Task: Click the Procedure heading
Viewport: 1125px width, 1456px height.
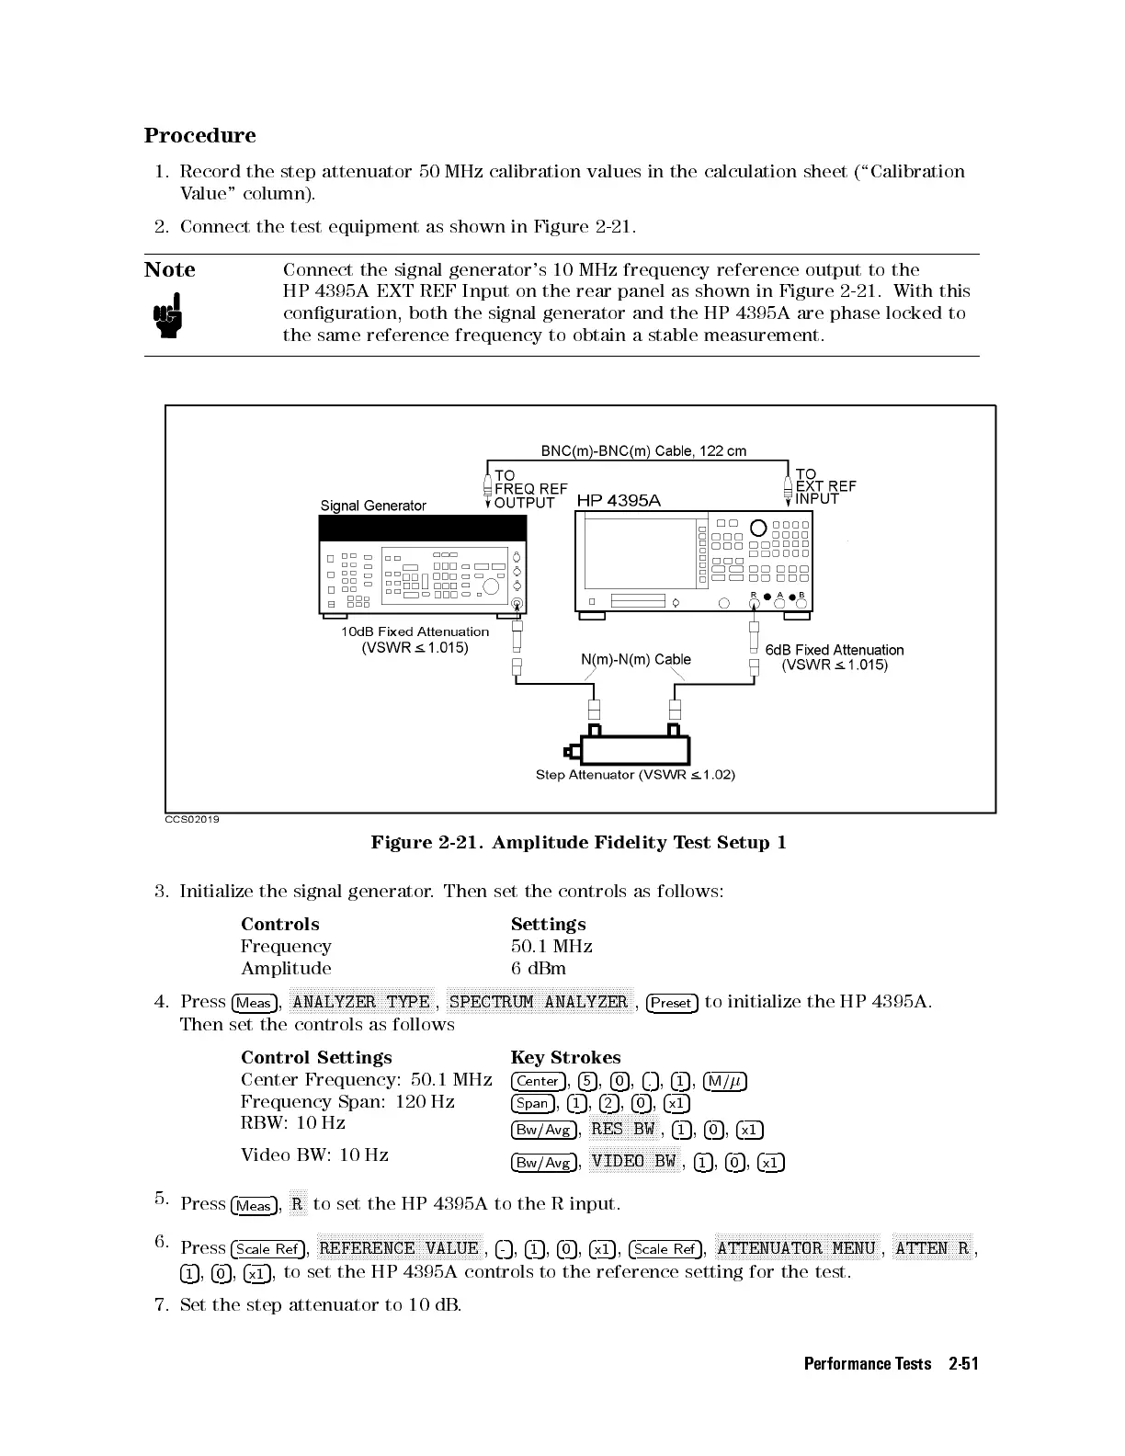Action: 199,135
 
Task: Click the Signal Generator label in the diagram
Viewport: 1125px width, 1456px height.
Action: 373,506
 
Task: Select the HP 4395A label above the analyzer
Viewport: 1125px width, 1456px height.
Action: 618,500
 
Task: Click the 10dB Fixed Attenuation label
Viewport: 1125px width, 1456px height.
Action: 415,631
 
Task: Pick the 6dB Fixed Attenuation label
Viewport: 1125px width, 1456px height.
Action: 834,650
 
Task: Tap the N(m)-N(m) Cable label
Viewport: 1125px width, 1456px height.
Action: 636,659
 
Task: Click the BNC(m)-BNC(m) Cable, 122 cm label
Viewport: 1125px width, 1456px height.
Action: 643,450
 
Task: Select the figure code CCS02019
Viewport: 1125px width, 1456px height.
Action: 192,818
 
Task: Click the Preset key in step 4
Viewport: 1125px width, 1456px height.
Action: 672,1003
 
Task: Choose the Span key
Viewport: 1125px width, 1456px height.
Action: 532,1103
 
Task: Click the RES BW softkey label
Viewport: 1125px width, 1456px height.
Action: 622,1129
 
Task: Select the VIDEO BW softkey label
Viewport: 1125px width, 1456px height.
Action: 633,1161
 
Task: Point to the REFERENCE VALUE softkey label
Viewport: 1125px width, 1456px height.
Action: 398,1247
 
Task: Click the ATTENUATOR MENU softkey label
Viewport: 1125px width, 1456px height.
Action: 796,1247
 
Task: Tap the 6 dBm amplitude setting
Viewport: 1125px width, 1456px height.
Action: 539,968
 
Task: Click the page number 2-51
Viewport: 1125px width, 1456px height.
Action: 963,1363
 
